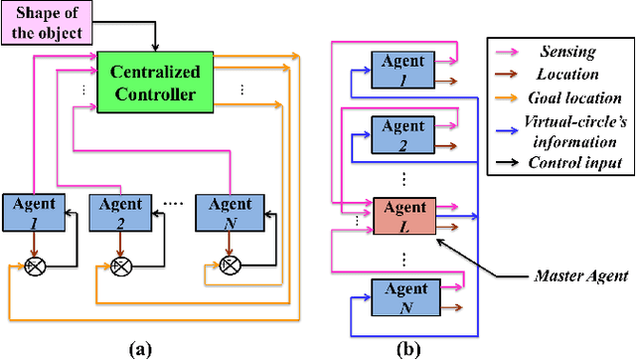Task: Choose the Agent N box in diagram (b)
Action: [403, 296]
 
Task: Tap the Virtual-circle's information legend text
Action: [576, 135]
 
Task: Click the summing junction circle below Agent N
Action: [230, 265]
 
